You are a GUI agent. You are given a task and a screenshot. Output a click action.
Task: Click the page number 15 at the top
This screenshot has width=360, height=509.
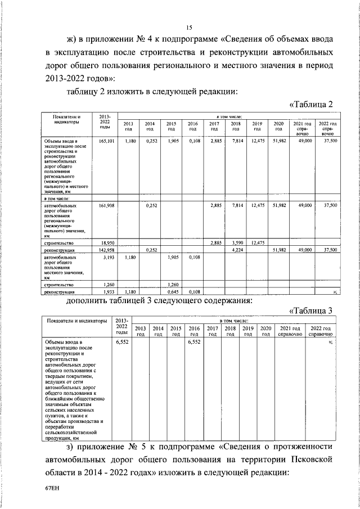190,28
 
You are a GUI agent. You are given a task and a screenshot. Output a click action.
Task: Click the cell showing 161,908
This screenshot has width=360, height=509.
106,206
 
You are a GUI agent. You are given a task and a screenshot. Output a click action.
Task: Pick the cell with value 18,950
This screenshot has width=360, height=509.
106,242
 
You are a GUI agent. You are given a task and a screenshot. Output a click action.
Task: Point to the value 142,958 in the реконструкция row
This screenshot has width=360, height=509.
106,249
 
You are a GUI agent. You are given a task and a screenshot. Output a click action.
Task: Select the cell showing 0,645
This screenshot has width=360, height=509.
173,292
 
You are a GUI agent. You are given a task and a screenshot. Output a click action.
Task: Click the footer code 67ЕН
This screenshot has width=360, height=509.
52,489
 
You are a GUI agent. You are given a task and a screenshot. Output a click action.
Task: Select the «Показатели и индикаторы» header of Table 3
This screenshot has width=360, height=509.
77,321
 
